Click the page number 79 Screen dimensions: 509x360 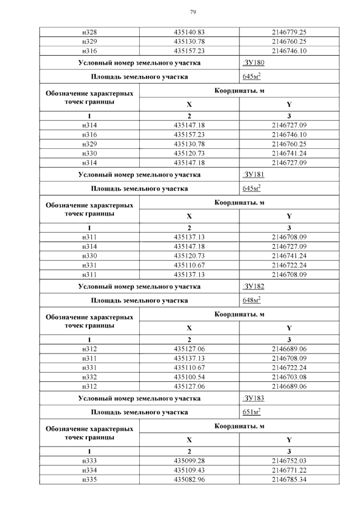pyautogui.click(x=193, y=12)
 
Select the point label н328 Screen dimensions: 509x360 pyautogui.click(x=89, y=32)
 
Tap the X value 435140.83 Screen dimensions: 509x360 pyautogui.click(x=189, y=32)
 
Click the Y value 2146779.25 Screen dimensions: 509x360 pyautogui.click(x=289, y=32)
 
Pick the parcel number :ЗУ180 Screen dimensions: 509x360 pyautogui.click(x=253, y=63)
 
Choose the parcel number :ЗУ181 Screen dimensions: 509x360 pyautogui.click(x=253, y=175)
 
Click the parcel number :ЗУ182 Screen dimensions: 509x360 pyautogui.click(x=253, y=286)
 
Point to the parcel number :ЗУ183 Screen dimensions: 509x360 pyautogui.click(x=253, y=398)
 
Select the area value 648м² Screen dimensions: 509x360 pyautogui.click(x=251, y=300)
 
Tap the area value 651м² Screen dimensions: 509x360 pyautogui.click(x=251, y=412)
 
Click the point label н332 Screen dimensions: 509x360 pyautogui.click(x=89, y=377)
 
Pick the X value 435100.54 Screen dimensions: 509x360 pyautogui.click(x=189, y=377)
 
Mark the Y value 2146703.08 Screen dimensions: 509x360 pyautogui.click(x=289, y=377)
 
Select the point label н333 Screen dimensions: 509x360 pyautogui.click(x=89, y=461)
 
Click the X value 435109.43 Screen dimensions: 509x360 pyautogui.click(x=189, y=470)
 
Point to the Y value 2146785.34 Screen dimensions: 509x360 pyautogui.click(x=289, y=479)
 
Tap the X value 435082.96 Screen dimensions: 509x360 pyautogui.click(x=189, y=479)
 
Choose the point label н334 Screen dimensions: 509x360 pyautogui.click(x=89, y=470)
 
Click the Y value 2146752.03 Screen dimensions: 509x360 pyautogui.click(x=289, y=461)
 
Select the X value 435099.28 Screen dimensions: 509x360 pyautogui.click(x=189, y=461)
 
